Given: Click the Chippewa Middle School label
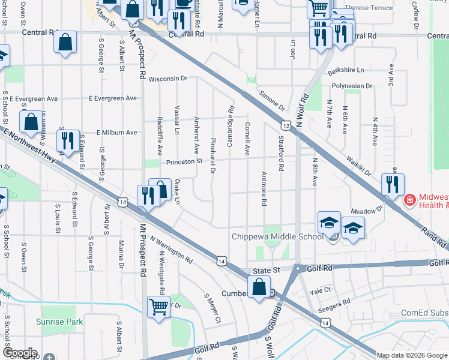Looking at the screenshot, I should click(277, 236).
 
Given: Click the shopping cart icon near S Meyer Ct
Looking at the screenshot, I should click(159, 307).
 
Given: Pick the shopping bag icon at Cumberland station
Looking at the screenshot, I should click(259, 287).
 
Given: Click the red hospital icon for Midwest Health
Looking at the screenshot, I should click(409, 199).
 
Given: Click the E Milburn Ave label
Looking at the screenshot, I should click(109, 133).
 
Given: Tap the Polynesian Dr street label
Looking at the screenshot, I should click(349, 86).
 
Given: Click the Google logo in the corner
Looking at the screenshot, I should click(20, 352).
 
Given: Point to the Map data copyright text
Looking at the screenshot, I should click(412, 355).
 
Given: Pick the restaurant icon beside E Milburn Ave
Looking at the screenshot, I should click(67, 140).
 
